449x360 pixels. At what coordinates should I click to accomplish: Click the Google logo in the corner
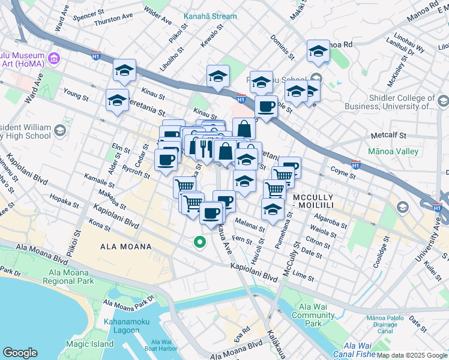(x=20, y=353)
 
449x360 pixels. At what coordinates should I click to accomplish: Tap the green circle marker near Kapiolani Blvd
(x=199, y=242)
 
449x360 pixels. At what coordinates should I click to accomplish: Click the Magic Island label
(x=89, y=344)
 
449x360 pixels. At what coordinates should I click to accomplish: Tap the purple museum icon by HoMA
(x=54, y=58)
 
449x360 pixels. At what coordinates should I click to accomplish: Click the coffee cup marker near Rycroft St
(x=166, y=160)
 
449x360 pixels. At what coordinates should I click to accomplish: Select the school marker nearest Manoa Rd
(x=318, y=52)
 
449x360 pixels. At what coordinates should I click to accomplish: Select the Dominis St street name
(x=282, y=47)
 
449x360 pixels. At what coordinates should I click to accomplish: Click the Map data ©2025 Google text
(x=411, y=355)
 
